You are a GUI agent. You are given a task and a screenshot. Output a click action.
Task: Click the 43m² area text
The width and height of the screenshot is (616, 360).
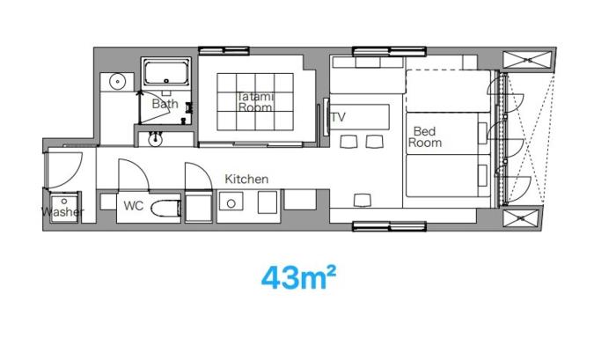pos(298,277)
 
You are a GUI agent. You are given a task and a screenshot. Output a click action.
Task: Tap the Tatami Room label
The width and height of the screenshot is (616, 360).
pos(255,102)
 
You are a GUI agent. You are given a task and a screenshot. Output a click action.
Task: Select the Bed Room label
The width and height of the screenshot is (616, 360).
pos(425,136)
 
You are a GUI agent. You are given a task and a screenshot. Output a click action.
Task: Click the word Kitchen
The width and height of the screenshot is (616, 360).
pos(246,180)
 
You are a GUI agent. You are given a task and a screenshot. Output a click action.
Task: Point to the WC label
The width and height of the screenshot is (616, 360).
pos(134,206)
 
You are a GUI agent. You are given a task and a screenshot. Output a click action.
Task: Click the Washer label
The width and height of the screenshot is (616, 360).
pos(62,212)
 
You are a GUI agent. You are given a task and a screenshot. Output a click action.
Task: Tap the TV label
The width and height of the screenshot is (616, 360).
pos(338,117)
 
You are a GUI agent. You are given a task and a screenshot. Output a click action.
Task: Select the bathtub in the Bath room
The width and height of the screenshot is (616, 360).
pos(166,73)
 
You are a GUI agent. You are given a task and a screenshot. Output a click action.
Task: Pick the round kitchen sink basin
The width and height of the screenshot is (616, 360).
pos(231,203)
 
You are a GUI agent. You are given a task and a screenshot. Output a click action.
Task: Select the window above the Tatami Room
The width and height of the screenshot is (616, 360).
pos(224,51)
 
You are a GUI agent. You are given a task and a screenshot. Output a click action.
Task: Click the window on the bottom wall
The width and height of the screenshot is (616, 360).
pos(389,226)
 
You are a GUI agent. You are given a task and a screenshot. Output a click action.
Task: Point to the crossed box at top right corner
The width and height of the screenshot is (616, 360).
pos(527,60)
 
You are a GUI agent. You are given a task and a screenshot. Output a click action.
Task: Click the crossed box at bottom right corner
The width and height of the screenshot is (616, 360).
pos(521,218)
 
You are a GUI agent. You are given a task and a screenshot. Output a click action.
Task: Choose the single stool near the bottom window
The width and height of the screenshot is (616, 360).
pos(363,201)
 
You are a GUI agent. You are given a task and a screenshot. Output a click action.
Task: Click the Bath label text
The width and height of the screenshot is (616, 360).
pos(165,104)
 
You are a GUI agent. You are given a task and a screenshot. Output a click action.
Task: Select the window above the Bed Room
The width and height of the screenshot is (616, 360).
pos(389,51)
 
